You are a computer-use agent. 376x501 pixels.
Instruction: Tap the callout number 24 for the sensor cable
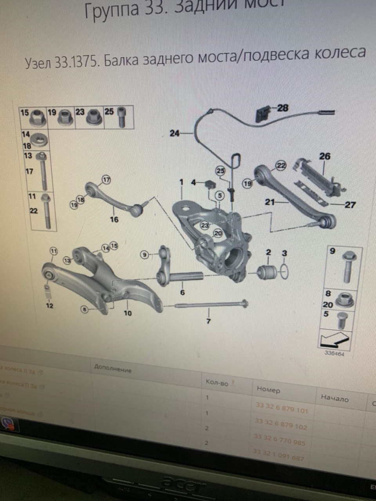174,133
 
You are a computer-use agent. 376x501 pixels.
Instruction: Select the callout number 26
325,157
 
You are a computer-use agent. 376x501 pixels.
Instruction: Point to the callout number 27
350,205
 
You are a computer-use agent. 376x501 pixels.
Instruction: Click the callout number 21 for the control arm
269,202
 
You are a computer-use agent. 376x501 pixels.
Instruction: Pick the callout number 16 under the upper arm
114,219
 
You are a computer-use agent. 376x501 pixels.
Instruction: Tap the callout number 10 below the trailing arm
128,313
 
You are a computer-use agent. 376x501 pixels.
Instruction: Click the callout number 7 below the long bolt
208,321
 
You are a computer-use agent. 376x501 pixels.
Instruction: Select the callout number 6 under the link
182,292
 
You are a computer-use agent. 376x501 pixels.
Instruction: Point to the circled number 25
221,171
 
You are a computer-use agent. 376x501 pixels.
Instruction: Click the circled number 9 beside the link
145,255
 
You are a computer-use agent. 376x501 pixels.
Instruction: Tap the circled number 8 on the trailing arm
84,310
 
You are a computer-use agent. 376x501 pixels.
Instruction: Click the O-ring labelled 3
284,271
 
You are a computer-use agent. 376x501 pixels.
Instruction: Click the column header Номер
269,389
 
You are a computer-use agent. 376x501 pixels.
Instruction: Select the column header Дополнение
113,368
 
